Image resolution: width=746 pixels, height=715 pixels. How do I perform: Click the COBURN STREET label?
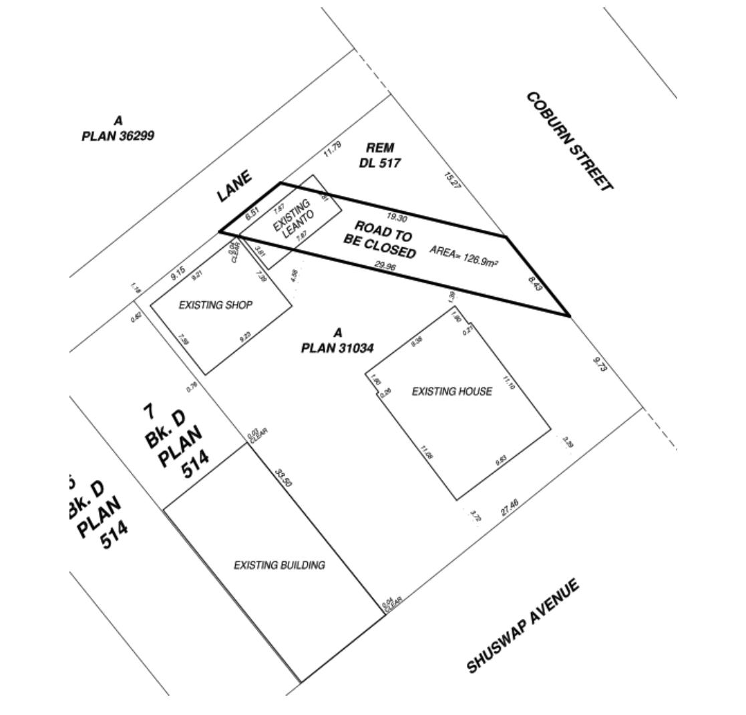pyautogui.click(x=569, y=141)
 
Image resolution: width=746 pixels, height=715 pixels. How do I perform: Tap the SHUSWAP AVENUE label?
pyautogui.click(x=522, y=626)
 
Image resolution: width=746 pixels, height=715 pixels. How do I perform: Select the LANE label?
pyautogui.click(x=234, y=186)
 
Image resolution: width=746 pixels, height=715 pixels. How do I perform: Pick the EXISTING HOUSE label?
pyautogui.click(x=451, y=392)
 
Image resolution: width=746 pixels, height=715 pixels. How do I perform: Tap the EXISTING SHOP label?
pyautogui.click(x=216, y=305)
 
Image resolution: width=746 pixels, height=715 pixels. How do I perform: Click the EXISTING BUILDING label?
pyautogui.click(x=279, y=565)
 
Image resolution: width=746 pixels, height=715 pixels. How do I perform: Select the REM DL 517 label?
pyautogui.click(x=380, y=155)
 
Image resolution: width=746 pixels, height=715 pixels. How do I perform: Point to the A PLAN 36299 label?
pyautogui.click(x=118, y=128)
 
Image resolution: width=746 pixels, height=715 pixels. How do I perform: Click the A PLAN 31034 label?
pyautogui.click(x=337, y=340)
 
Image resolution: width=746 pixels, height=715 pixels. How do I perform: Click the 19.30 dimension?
pyautogui.click(x=397, y=217)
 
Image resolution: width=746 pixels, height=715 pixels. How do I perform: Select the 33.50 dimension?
pyautogui.click(x=283, y=477)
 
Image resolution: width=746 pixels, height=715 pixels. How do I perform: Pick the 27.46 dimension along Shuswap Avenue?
pyautogui.click(x=510, y=507)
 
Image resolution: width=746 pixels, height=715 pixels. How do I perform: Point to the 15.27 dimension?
pyautogui.click(x=452, y=180)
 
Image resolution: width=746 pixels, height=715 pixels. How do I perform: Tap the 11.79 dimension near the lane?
pyautogui.click(x=332, y=150)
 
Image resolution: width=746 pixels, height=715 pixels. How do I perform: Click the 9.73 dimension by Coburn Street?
pyautogui.click(x=600, y=364)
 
